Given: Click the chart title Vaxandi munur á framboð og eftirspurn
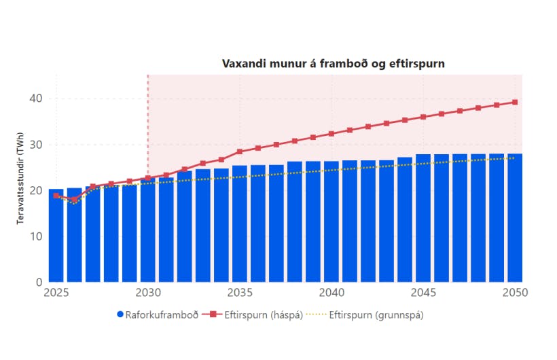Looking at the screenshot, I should pos(334,63).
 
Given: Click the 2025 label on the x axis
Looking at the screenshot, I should pos(56,293).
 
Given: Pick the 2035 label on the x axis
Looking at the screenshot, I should pos(239,293).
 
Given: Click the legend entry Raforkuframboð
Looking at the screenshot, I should pos(159,314).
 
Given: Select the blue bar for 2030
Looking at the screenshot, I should pos(147,230).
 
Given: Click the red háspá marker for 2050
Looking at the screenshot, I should pos(515,102).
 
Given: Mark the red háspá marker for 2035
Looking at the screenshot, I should pos(239,151).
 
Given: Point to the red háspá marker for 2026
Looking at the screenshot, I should pos(74,199).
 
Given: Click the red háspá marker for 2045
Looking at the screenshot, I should pos(423,117).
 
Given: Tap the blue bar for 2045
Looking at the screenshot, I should pos(423,218).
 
